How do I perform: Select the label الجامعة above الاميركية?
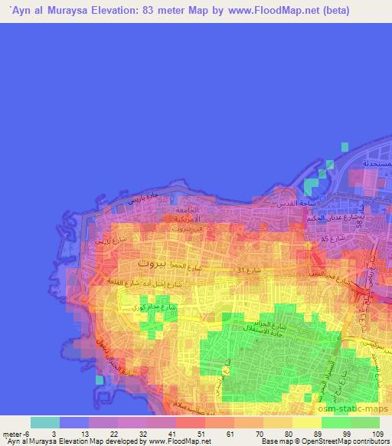point(186,209)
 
